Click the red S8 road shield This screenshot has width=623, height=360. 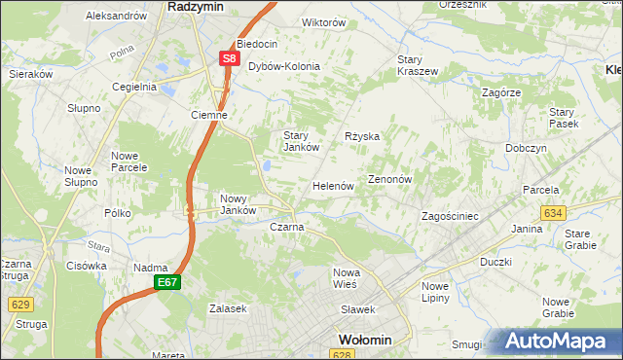tap(229, 58)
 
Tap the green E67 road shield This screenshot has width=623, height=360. tap(165, 282)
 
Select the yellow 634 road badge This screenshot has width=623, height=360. tap(553, 212)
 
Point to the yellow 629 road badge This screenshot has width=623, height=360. tap(20, 305)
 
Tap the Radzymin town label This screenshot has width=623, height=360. tap(197, 6)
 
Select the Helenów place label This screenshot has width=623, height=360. tap(332, 185)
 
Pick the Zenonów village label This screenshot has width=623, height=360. tap(391, 180)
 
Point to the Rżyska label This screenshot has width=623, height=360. tap(362, 137)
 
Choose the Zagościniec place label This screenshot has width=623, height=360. tap(449, 216)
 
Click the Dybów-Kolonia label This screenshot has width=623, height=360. tap(284, 67)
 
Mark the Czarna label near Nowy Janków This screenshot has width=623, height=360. tap(286, 227)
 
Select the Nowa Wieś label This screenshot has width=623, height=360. tap(347, 277)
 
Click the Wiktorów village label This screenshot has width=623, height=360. tap(298, 22)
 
